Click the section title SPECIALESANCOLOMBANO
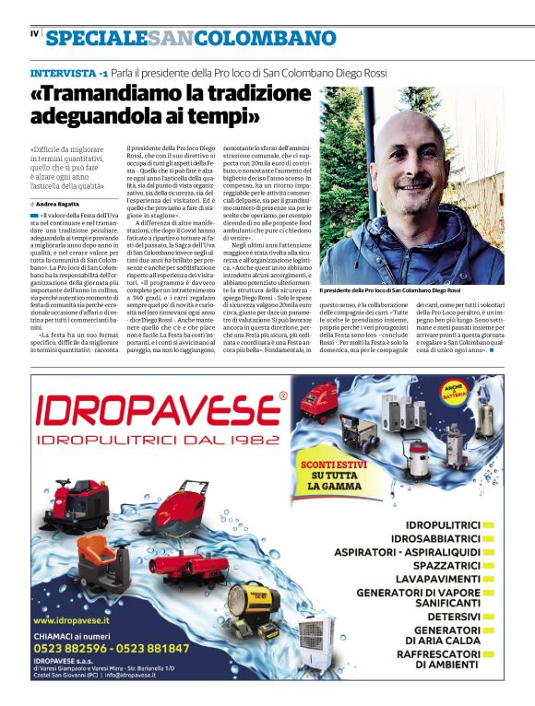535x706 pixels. (191, 38)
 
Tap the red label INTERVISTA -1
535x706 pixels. (70, 72)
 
